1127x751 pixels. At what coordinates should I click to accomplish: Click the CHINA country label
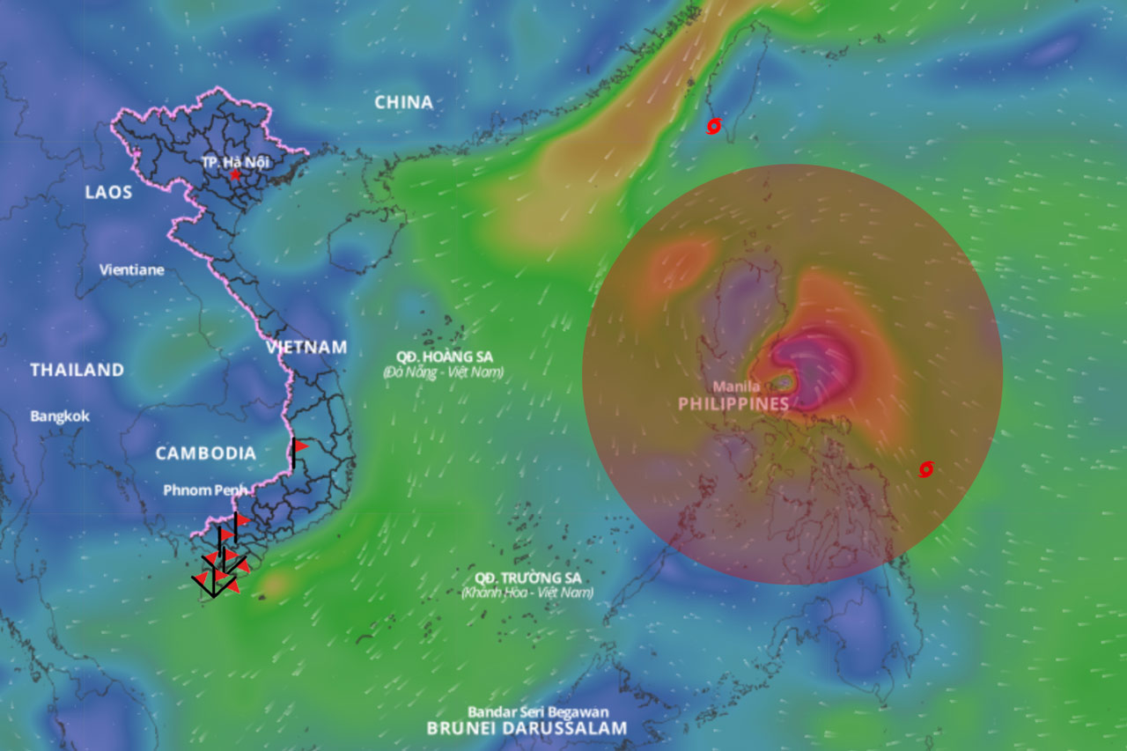(x=404, y=102)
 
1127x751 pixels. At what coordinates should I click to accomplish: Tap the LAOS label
(x=108, y=192)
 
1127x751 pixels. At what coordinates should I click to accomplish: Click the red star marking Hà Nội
(x=235, y=175)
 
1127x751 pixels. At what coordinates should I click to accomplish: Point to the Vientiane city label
(x=131, y=269)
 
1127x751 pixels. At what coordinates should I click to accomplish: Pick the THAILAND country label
(x=77, y=370)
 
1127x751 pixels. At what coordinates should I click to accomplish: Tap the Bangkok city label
(x=60, y=416)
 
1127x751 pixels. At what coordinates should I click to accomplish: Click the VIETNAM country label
(x=306, y=348)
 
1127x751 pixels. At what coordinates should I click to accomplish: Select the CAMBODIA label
(x=206, y=453)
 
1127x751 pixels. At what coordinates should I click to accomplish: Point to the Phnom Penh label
(x=205, y=490)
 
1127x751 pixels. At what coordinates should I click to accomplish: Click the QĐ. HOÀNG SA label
(x=444, y=357)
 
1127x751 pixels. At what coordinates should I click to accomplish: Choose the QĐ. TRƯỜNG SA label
(x=527, y=578)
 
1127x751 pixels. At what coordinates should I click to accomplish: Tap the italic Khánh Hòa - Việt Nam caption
(x=527, y=593)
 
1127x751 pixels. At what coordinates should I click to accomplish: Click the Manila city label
(x=736, y=387)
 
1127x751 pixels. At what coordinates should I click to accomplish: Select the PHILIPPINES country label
(x=733, y=404)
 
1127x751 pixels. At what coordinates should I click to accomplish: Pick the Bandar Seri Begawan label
(x=538, y=711)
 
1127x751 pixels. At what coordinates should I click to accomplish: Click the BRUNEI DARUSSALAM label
(x=527, y=728)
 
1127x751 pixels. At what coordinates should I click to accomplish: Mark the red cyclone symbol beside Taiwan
(x=714, y=127)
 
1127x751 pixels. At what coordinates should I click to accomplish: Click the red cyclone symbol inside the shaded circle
(x=925, y=469)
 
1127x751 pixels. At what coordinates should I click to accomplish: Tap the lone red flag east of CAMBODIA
(x=299, y=447)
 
